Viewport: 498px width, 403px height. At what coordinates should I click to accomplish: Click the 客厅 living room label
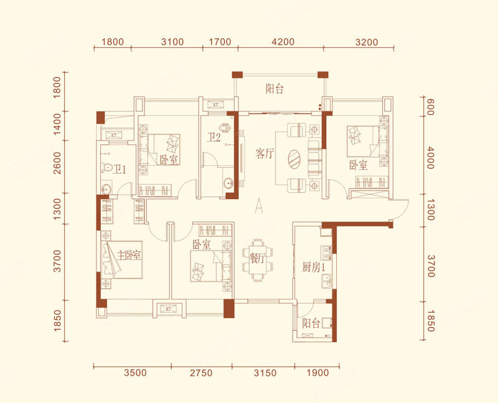[x=265, y=154]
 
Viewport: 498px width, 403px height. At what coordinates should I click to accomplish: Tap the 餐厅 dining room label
[x=258, y=258]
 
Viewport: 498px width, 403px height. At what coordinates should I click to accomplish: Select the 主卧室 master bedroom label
[x=129, y=255]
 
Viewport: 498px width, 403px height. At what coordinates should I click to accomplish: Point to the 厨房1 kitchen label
[x=314, y=267]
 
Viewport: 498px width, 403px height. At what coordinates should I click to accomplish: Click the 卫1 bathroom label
[x=120, y=169]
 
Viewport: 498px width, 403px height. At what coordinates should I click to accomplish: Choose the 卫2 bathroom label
[x=214, y=137]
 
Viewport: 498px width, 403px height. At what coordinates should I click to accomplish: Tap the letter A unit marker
[x=259, y=205]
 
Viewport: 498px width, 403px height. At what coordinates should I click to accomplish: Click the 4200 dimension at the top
[x=283, y=42]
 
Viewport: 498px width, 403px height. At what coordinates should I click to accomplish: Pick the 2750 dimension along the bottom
[x=201, y=373]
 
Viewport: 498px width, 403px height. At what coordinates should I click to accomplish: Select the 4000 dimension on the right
[x=430, y=158]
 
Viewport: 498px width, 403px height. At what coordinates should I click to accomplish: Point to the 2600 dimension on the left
[x=57, y=163]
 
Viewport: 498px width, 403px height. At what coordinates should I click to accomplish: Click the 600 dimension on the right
[x=430, y=107]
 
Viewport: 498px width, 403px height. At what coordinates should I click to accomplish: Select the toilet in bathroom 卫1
[x=106, y=168]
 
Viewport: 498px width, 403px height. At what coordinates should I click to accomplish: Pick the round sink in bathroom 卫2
[x=228, y=183]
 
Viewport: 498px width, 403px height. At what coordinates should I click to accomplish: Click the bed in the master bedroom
[x=121, y=259]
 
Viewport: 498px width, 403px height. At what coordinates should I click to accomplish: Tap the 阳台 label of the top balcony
[x=275, y=89]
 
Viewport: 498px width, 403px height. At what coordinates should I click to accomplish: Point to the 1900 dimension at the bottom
[x=317, y=373]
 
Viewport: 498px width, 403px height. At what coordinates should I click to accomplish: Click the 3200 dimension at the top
[x=367, y=42]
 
